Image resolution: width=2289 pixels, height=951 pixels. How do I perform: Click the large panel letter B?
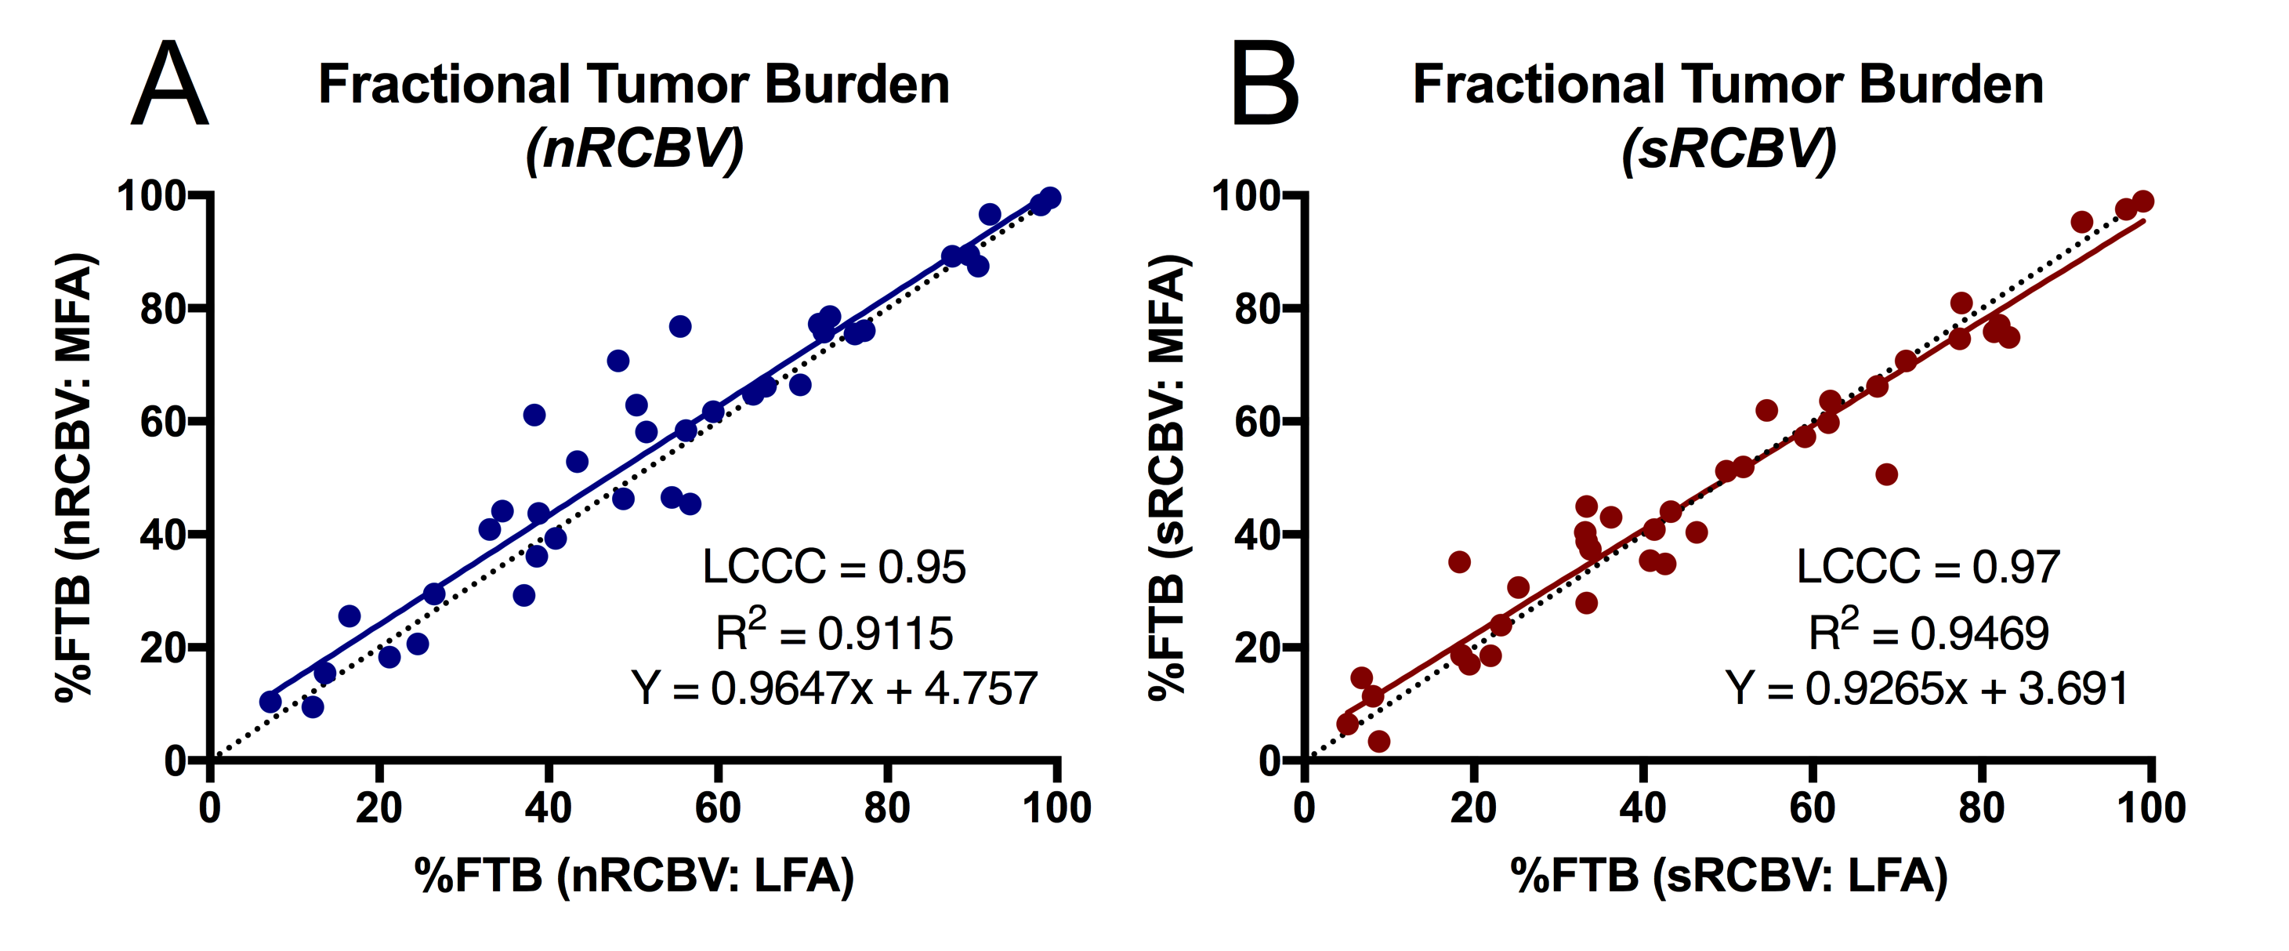(1265, 85)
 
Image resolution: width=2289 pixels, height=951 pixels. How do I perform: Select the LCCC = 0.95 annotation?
(834, 567)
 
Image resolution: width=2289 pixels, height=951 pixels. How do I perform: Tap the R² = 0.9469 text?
(1929, 632)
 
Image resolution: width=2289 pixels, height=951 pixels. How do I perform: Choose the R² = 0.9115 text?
(834, 632)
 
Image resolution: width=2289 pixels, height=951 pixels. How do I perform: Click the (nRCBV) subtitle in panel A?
(635, 148)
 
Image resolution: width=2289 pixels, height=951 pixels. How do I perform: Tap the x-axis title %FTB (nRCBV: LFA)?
(635, 876)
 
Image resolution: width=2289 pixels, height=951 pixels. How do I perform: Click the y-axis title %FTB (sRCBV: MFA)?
(1169, 477)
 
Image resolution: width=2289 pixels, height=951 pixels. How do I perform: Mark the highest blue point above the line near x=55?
(679, 326)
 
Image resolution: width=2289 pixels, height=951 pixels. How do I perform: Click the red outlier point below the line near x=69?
(1886, 474)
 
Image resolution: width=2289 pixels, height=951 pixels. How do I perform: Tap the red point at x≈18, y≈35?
(1459, 561)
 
